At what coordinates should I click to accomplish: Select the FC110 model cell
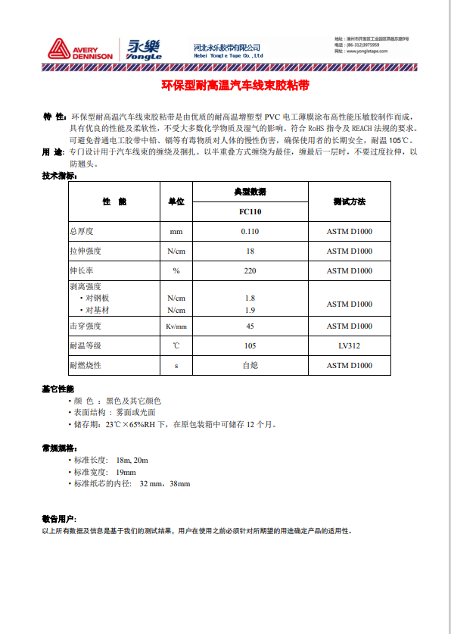250,212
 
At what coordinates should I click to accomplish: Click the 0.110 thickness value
250,231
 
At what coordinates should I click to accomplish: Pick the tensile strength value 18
250,251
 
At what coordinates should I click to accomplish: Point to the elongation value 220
250,270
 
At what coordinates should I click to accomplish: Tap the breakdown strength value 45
250,326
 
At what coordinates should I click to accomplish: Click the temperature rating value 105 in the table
250,345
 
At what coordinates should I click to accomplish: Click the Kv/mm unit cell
176,326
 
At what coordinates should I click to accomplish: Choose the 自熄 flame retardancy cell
250,365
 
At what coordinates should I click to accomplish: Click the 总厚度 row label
85,231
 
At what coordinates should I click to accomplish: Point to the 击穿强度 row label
86,326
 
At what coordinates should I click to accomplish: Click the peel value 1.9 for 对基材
250,310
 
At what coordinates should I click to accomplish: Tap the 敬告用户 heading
58,519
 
